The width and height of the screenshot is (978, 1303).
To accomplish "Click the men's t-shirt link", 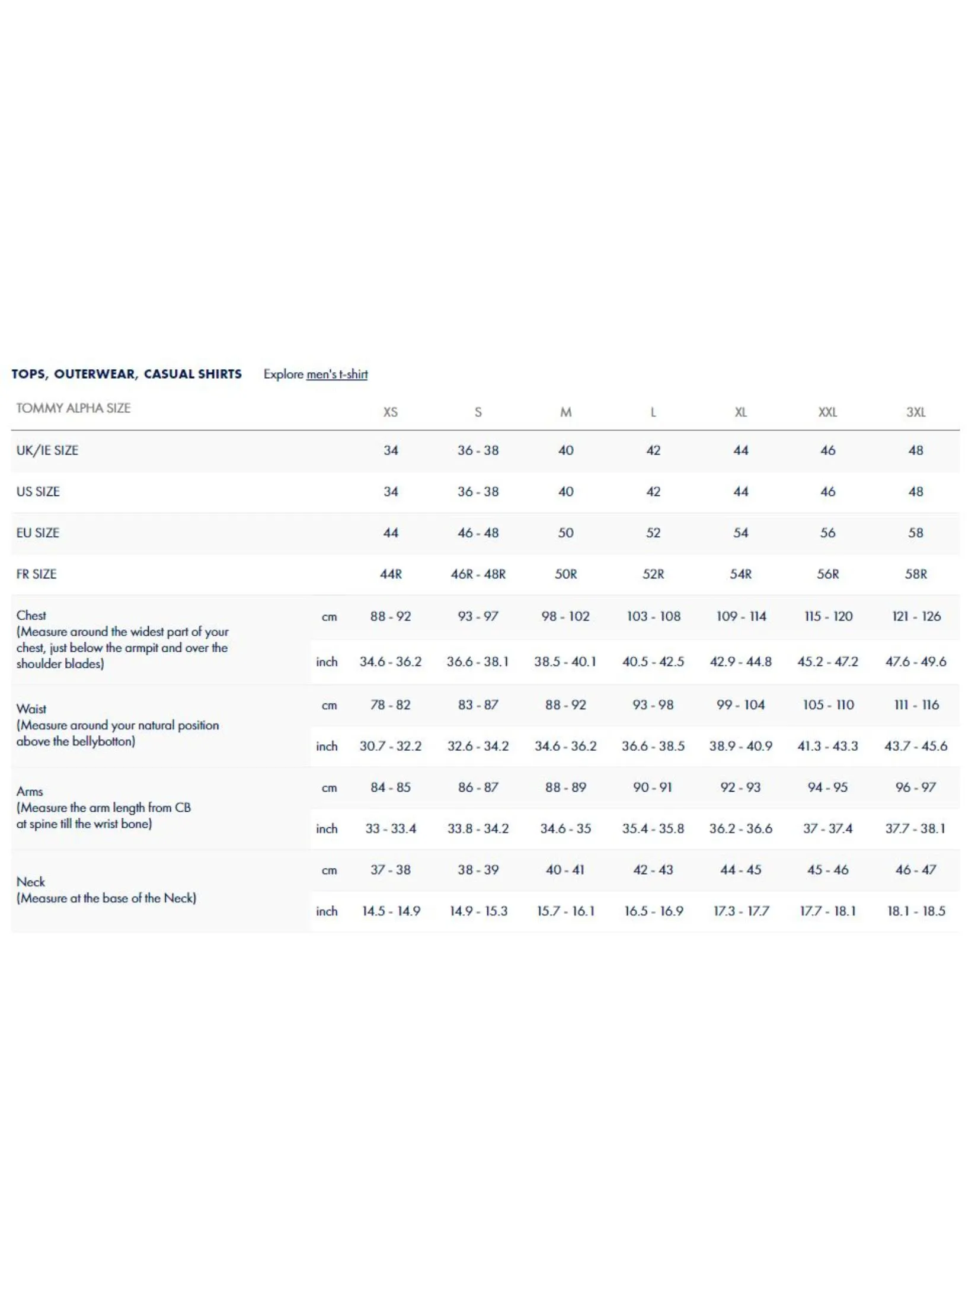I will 337,374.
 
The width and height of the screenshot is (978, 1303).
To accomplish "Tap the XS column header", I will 390,412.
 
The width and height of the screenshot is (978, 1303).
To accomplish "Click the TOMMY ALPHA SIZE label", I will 73,408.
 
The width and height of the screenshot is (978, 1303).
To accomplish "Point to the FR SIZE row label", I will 36,574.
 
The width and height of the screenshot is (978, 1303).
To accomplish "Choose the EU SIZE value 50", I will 565,533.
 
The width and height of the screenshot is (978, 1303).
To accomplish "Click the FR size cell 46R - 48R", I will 478,574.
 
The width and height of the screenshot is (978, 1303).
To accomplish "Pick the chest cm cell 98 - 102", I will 565,616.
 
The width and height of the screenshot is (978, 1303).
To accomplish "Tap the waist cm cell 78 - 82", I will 390,705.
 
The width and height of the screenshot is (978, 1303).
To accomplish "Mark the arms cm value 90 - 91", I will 653,787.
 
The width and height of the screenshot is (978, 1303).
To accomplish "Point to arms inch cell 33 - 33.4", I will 390,829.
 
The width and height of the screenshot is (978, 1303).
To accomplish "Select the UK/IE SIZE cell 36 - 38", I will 478,450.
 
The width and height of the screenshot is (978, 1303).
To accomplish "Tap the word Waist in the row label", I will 31,709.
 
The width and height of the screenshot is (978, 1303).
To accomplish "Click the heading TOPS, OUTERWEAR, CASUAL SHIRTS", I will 126,374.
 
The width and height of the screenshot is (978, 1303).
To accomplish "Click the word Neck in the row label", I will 31,882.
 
